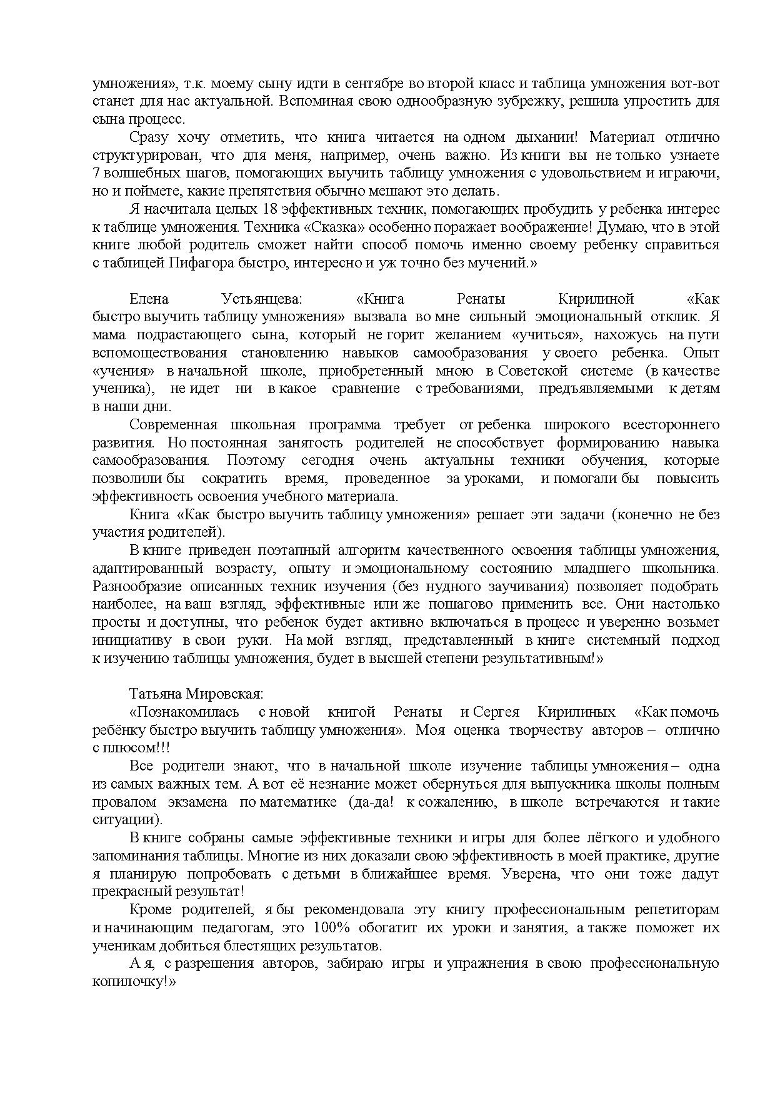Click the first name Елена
point(149,299)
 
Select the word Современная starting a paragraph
point(173,425)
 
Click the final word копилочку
point(130,982)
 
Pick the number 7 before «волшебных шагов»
point(96,173)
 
